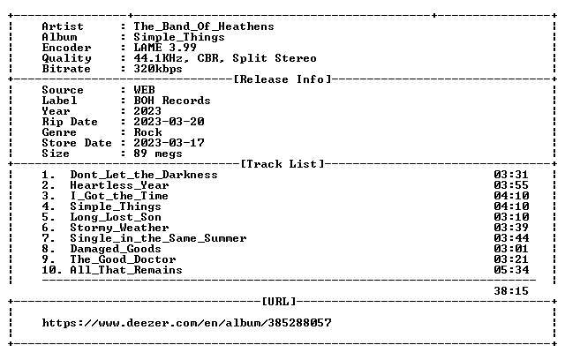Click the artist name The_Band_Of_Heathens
(x=204, y=26)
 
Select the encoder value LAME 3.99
(x=165, y=48)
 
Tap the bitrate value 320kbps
(x=158, y=69)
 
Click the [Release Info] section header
(x=282, y=79)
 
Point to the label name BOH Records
(x=172, y=101)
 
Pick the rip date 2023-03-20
(x=169, y=122)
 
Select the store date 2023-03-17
(x=169, y=143)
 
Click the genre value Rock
(x=147, y=132)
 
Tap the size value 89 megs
(x=158, y=154)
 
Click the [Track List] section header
(x=282, y=164)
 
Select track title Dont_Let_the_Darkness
(x=144, y=175)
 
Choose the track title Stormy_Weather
(x=119, y=228)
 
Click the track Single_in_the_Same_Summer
(x=158, y=238)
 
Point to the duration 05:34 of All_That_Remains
(x=511, y=270)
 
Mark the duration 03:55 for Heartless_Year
(x=511, y=185)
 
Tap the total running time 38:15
(x=511, y=291)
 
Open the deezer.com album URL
(x=186, y=323)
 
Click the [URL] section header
(x=279, y=301)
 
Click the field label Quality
(x=67, y=58)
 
